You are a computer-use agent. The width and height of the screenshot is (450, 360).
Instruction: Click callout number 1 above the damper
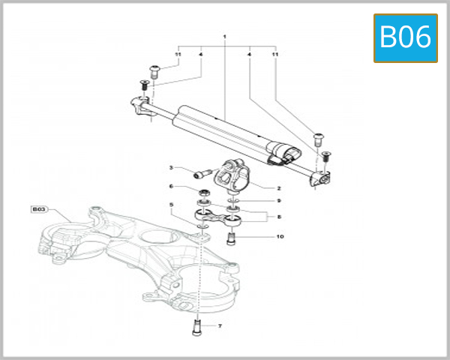point(224,36)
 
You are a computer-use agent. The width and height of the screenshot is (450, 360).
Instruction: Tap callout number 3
point(171,167)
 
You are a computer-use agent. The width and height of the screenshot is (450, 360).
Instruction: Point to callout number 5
point(171,205)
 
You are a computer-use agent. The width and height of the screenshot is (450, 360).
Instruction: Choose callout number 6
point(171,187)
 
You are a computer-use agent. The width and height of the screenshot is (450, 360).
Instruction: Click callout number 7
point(220,326)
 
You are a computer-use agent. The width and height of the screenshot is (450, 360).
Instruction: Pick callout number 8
point(279,216)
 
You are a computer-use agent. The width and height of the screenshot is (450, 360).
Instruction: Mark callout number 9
point(279,200)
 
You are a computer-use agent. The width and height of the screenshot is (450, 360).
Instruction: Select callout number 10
point(280,237)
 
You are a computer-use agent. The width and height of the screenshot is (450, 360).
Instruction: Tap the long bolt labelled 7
point(198,327)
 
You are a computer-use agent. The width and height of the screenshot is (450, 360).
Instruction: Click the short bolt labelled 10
point(232,239)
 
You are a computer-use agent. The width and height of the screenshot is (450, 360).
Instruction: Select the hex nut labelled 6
point(204,194)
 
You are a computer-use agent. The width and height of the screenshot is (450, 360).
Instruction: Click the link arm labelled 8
point(218,217)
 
